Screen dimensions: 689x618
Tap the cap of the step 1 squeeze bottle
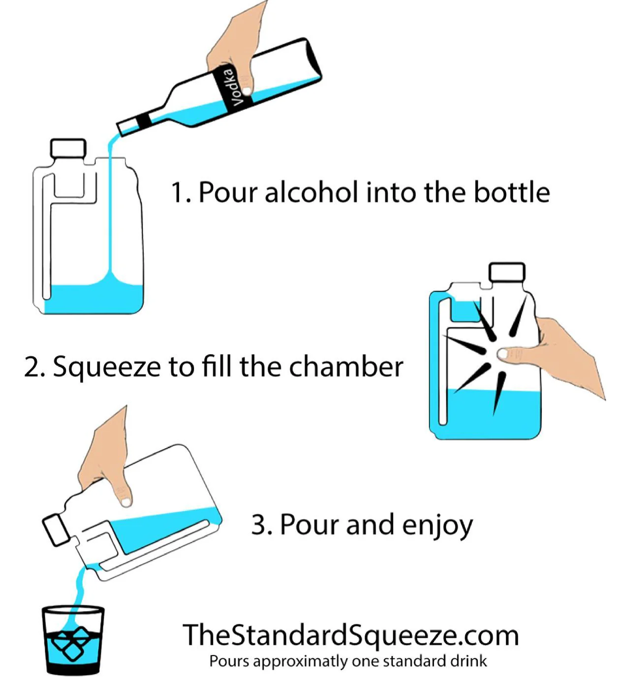[x=68, y=148]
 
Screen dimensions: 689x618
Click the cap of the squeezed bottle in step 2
[x=506, y=272]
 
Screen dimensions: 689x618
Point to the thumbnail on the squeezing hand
[x=503, y=353]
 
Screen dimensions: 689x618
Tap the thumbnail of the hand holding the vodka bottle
[x=246, y=90]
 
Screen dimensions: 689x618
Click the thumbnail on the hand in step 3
[x=126, y=501]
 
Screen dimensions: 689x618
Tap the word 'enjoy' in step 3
[x=437, y=525]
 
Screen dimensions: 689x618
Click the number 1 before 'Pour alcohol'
[x=177, y=193]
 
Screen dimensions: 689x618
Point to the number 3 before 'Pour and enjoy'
[x=259, y=525]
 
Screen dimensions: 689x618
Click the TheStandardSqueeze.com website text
[x=350, y=635]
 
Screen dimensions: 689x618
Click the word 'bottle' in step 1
[x=511, y=192]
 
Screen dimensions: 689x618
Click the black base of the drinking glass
[x=73, y=669]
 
